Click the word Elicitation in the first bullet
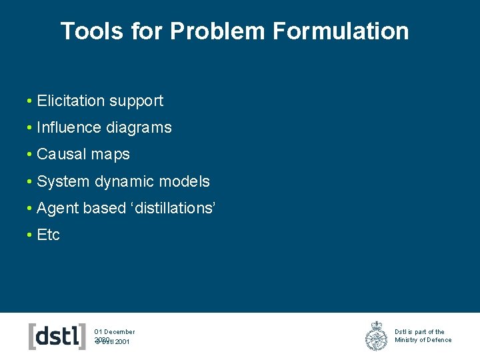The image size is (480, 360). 71,101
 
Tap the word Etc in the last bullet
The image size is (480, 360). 49,235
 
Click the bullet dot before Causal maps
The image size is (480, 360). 30,155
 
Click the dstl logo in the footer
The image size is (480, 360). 57,336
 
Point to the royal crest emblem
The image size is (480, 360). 377,336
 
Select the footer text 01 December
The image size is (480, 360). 115,331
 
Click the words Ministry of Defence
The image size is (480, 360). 423,340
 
